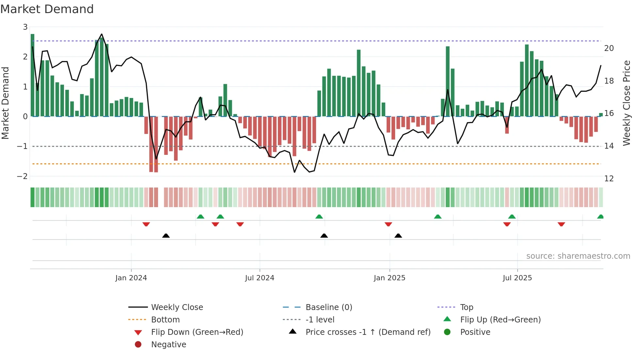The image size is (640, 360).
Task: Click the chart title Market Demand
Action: [x=47, y=9]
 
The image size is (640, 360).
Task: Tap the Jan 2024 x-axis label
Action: [x=131, y=278]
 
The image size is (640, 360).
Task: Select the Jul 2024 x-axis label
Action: [x=260, y=278]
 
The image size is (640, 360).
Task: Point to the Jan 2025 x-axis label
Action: [x=390, y=278]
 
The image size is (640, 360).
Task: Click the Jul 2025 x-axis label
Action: [x=517, y=278]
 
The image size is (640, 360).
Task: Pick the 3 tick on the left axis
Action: [x=25, y=27]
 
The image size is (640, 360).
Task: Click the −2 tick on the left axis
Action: [x=23, y=176]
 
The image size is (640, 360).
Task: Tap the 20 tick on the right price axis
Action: [x=609, y=48]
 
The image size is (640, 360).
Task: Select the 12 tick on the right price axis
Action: [x=609, y=179]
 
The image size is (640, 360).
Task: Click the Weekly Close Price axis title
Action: [x=626, y=103]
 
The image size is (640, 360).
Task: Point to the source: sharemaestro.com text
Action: [x=578, y=256]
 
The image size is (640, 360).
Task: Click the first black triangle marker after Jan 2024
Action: [x=166, y=236]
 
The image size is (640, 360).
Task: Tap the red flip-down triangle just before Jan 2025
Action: [x=388, y=224]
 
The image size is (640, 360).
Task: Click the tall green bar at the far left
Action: [x=32, y=75]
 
